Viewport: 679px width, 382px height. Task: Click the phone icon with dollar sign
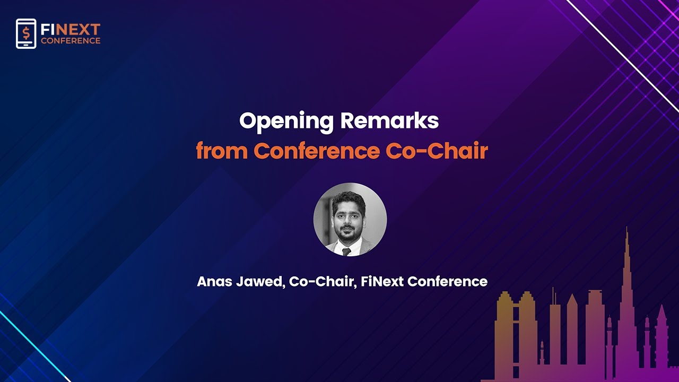click(x=26, y=33)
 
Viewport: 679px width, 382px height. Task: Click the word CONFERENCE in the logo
click(x=71, y=41)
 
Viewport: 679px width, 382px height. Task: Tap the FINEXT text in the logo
click(x=71, y=30)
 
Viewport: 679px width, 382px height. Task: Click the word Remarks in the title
click(x=389, y=121)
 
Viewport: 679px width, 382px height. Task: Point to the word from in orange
click(x=221, y=151)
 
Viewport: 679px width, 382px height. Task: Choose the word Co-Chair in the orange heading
click(x=437, y=151)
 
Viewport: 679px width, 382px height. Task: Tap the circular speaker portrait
click(x=350, y=220)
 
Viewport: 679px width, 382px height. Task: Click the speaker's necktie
click(x=347, y=251)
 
